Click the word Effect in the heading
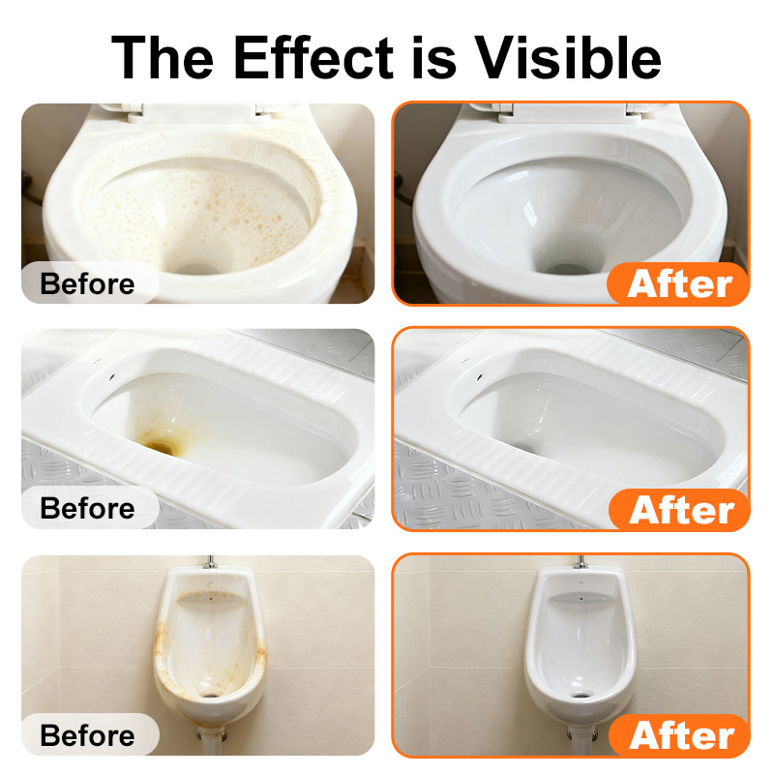(x=313, y=57)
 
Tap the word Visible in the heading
(x=567, y=57)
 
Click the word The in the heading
(x=163, y=57)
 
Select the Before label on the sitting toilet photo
(x=87, y=283)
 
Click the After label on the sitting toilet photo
(x=680, y=284)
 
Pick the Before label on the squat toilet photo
(x=87, y=509)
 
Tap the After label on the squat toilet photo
(x=681, y=511)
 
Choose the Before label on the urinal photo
(x=87, y=735)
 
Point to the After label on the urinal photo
(x=681, y=736)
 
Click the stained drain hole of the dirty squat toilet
(x=161, y=447)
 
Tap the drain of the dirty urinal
(x=211, y=695)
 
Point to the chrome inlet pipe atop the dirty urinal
(x=210, y=562)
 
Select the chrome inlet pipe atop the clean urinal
(x=580, y=562)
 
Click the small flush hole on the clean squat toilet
(x=480, y=377)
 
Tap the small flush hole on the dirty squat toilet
(x=111, y=377)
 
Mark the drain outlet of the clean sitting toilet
(x=568, y=270)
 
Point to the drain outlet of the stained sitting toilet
(x=197, y=270)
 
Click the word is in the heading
(x=433, y=57)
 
